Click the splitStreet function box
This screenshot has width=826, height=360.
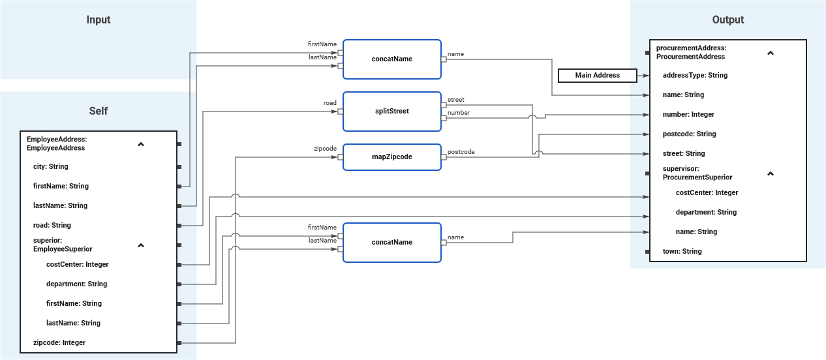coord(391,111)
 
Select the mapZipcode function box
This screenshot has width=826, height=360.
coord(391,157)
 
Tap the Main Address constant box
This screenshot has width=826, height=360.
coord(597,76)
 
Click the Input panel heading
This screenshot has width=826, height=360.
coord(99,20)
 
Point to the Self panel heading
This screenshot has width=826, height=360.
coord(99,111)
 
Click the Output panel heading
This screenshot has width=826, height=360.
coord(727,20)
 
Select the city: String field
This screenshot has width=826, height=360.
coord(50,166)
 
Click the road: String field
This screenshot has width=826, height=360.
coord(52,225)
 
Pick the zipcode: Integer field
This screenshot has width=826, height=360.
coord(59,342)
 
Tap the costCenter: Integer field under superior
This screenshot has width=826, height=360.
coord(77,264)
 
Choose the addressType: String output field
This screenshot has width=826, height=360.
coord(695,75)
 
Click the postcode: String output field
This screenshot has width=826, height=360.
coord(689,134)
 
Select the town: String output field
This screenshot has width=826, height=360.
coord(682,251)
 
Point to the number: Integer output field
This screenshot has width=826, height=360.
coord(688,114)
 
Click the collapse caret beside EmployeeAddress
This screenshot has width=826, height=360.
coord(141,144)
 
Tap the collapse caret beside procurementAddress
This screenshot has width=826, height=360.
coord(770,53)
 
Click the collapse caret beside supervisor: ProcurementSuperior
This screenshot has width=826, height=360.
coord(770,173)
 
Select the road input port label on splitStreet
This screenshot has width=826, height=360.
coord(330,103)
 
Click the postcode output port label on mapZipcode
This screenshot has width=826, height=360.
coord(461,152)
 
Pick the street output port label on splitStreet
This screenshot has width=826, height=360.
coord(455,100)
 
